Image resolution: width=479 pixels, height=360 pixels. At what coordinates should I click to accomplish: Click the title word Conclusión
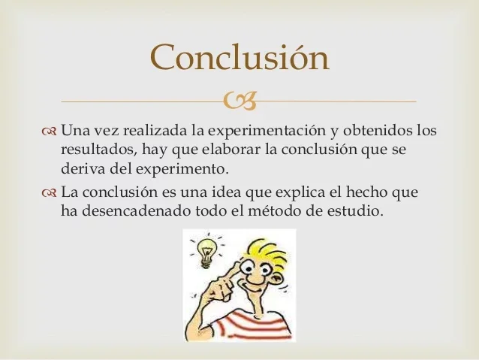click(x=239, y=57)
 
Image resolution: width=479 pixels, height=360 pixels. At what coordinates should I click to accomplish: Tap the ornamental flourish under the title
click(x=239, y=100)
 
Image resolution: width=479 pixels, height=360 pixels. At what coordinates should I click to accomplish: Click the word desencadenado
click(x=126, y=211)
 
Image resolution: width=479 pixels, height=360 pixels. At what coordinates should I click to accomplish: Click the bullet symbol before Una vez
click(x=50, y=132)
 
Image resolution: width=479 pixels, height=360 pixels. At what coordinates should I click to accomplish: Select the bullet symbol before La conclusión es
click(x=50, y=192)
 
